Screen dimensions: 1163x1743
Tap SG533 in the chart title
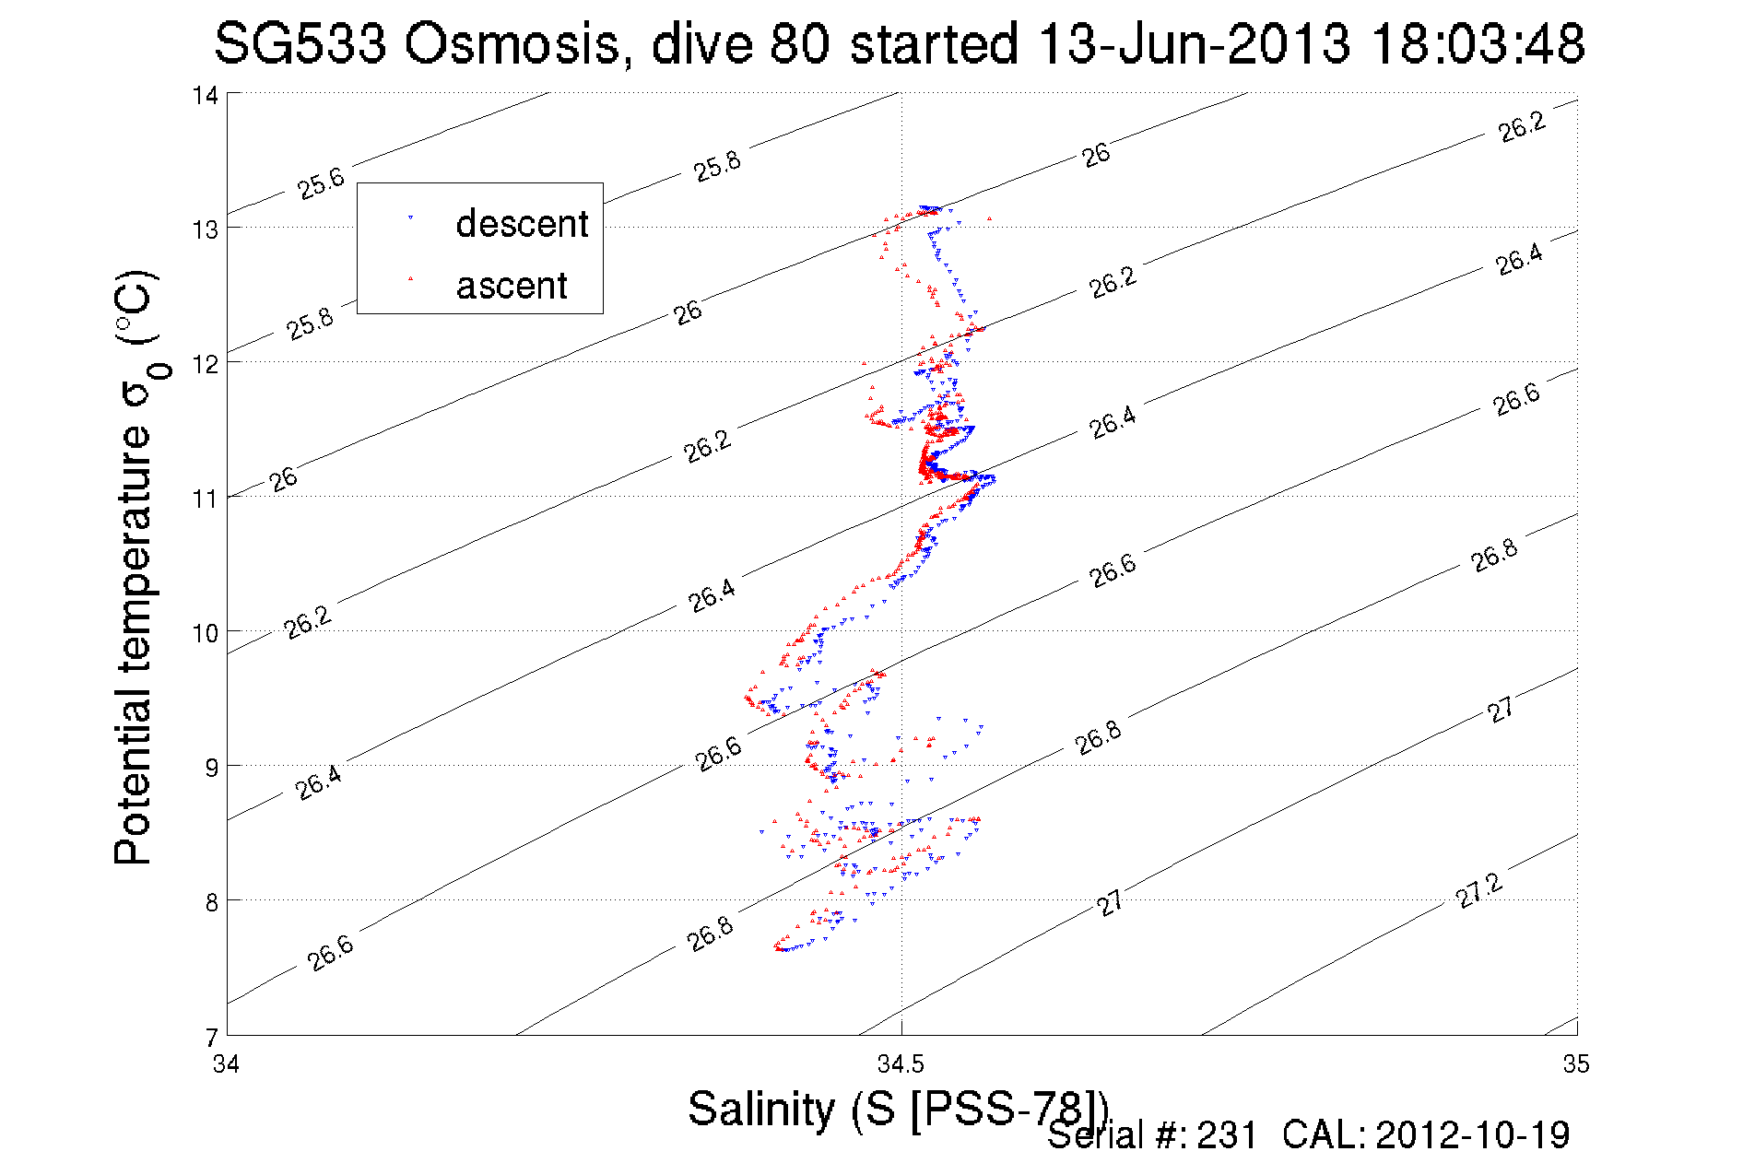pyautogui.click(x=300, y=44)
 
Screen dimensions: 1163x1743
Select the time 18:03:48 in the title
pyautogui.click(x=1478, y=44)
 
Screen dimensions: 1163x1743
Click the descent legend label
pyautogui.click(x=522, y=224)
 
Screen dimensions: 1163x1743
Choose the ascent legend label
pyautogui.click(x=512, y=286)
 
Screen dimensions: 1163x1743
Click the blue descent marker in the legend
pyautogui.click(x=410, y=218)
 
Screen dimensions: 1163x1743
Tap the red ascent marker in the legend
pyautogui.click(x=410, y=277)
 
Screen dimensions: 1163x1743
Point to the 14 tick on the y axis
pyautogui.click(x=206, y=96)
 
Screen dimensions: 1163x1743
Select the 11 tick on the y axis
pyautogui.click(x=206, y=499)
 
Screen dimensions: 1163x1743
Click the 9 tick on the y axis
pyautogui.click(x=211, y=767)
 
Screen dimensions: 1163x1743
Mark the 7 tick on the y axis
pyautogui.click(x=211, y=1037)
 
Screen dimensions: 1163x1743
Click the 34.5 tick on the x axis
pyautogui.click(x=900, y=1065)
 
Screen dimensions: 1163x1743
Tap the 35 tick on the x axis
pyautogui.click(x=1576, y=1064)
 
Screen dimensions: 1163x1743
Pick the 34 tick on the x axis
pyautogui.click(x=227, y=1064)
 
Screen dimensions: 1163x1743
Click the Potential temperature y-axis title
pyautogui.click(x=135, y=567)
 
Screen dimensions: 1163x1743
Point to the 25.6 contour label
pyautogui.click(x=321, y=183)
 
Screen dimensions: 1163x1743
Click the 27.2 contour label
pyautogui.click(x=1478, y=891)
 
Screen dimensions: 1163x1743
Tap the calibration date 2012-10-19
pyautogui.click(x=1473, y=1135)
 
